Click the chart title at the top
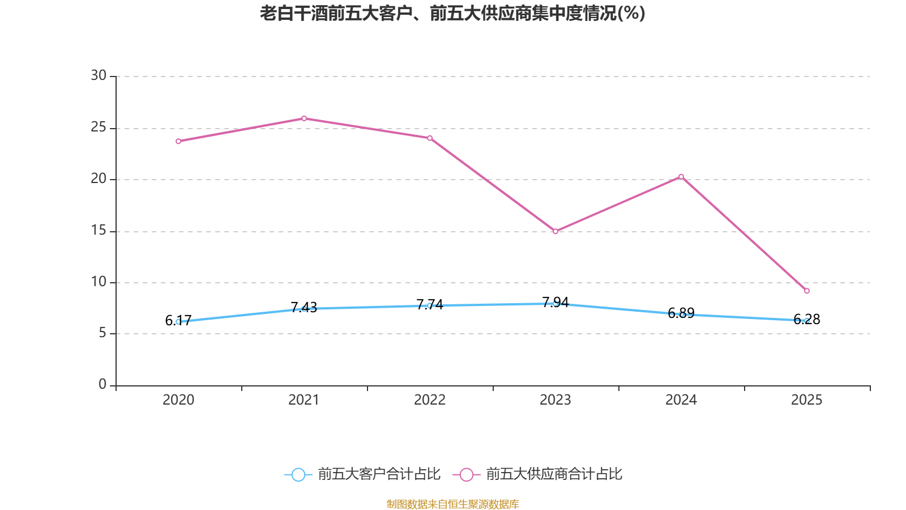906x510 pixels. pos(452,13)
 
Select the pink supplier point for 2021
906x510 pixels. pos(304,118)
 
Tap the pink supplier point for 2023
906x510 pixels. pos(555,231)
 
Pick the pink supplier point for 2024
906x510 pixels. pos(681,176)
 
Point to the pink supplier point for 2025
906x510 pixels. pos(807,291)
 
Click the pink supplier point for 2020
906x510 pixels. pos(178,141)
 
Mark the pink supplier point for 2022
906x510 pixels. pos(430,138)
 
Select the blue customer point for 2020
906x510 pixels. pos(178,321)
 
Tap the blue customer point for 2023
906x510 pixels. pos(555,304)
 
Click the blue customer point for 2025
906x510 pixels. pos(807,320)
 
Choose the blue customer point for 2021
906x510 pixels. pos(304,308)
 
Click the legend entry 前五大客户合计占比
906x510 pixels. pos(362,474)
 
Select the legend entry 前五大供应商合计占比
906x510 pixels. pos(538,474)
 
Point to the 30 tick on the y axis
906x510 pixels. pos(99,75)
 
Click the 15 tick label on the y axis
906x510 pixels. pos(99,230)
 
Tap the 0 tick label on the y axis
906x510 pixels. pos(102,385)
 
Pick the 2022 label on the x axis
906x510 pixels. pos(430,400)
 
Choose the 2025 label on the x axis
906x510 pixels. pos(807,400)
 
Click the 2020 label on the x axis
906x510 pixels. pos(178,400)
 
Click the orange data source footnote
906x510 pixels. pos(452,504)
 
